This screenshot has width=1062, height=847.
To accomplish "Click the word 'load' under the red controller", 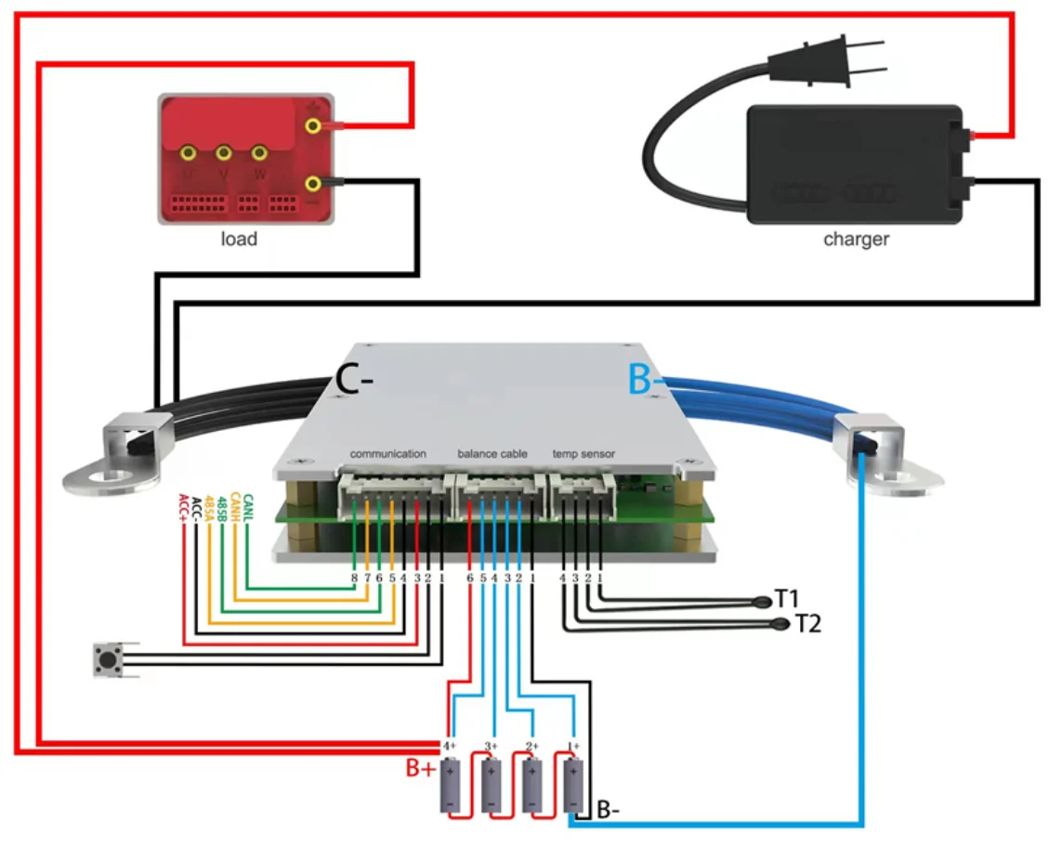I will (239, 240).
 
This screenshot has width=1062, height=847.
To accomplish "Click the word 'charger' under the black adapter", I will (856, 240).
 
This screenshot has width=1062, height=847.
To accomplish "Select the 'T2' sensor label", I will (808, 624).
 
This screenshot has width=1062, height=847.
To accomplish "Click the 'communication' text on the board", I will (387, 454).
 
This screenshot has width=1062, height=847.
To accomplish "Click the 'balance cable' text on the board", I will (492, 454).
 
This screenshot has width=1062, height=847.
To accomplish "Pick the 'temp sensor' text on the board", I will (583, 454).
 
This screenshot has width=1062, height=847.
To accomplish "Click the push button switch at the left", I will (110, 661).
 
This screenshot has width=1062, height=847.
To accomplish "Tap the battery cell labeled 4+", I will (449, 785).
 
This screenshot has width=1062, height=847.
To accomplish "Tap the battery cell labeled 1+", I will (574, 785).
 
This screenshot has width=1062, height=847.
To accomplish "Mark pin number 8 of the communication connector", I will (354, 578).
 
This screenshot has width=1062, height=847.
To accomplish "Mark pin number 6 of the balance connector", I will (470, 578).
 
